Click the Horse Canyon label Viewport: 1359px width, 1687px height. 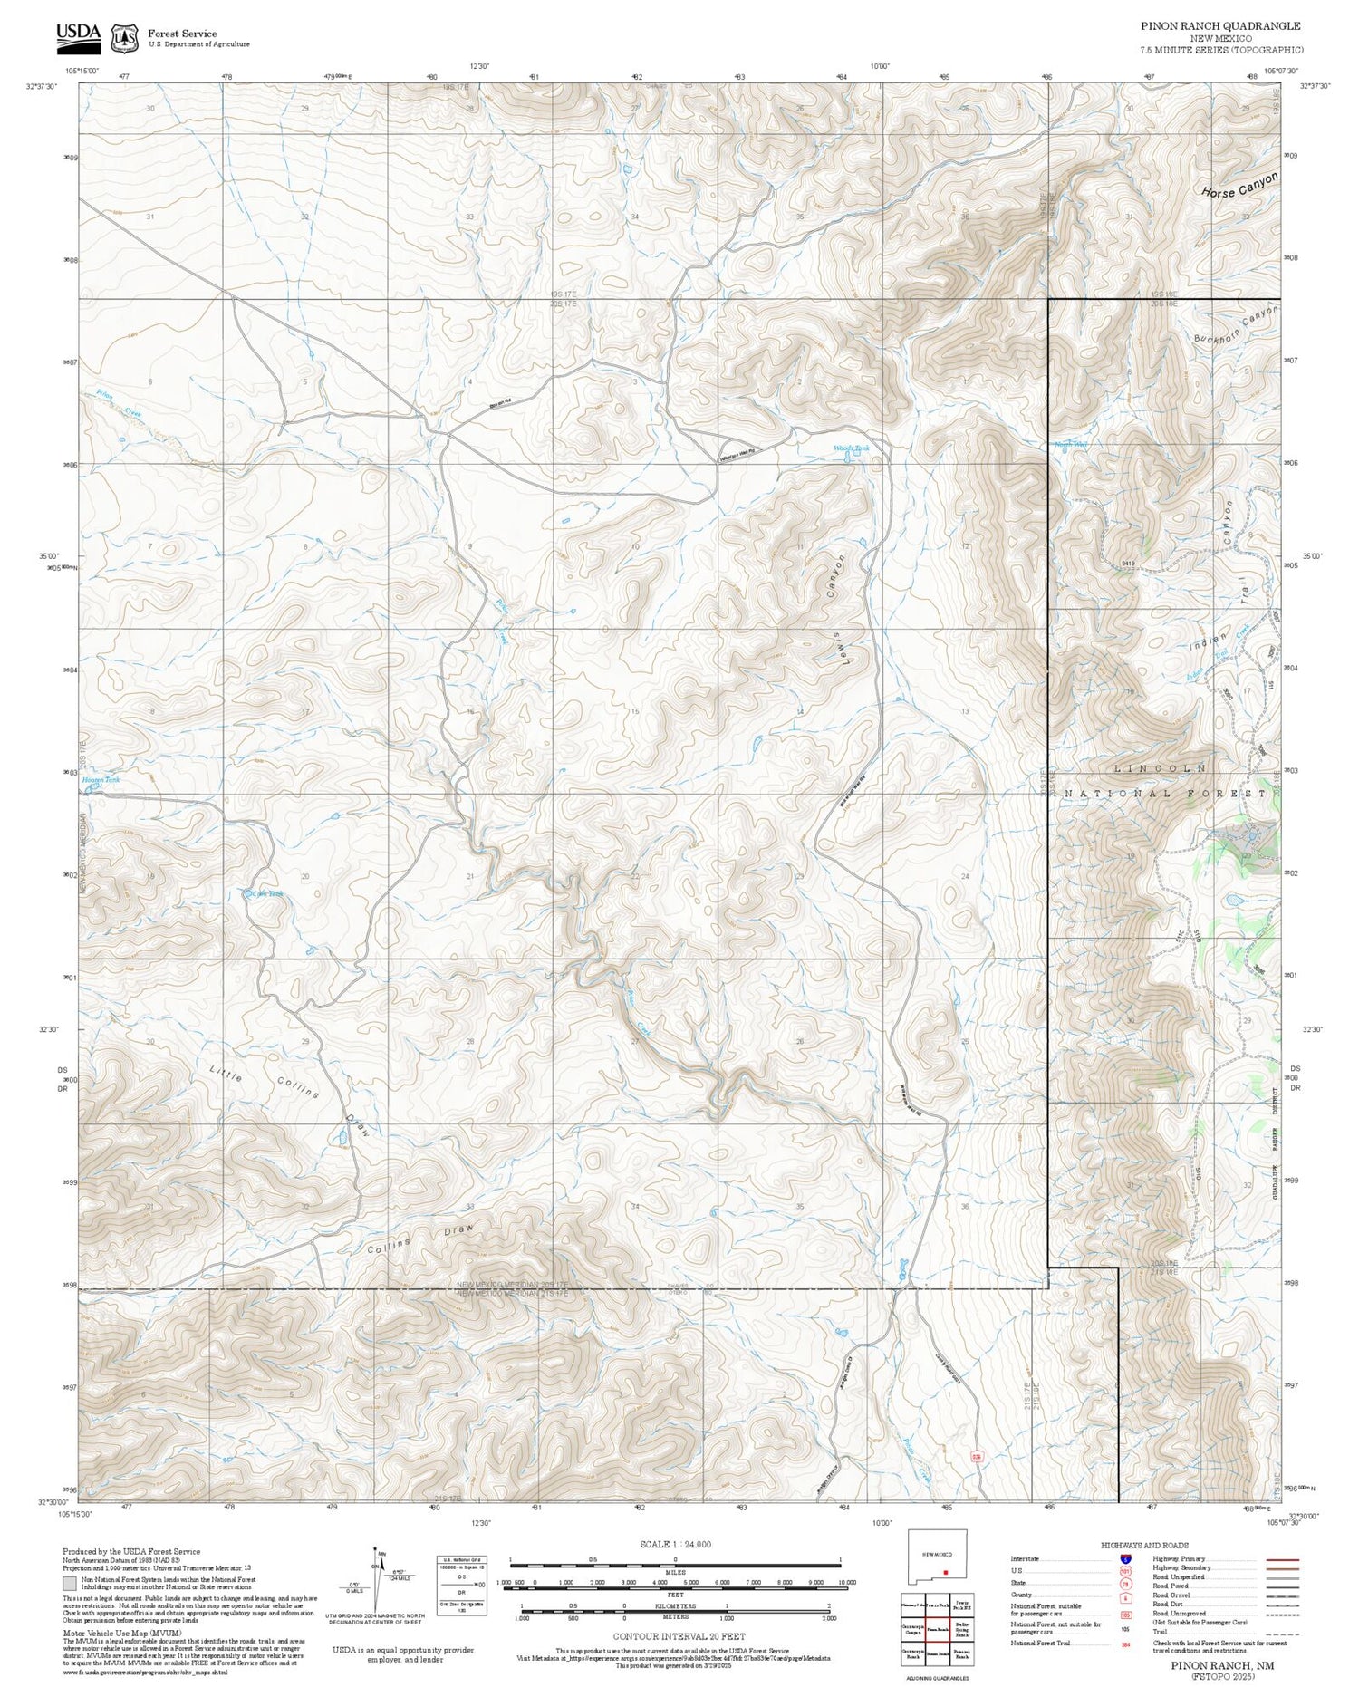pyautogui.click(x=1239, y=187)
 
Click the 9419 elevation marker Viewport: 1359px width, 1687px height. pyautogui.click(x=1127, y=564)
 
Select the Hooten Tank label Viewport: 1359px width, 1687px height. pyautogui.click(x=101, y=779)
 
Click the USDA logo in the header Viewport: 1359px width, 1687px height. pyautogui.click(x=78, y=34)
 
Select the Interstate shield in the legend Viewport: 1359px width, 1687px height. pyautogui.click(x=1125, y=1558)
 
